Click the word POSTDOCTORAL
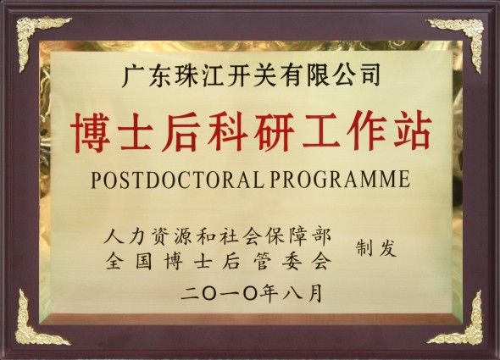pyautogui.click(x=178, y=180)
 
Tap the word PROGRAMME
pyautogui.click(x=340, y=179)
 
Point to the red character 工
pyautogui.click(x=319, y=131)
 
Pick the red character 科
pyautogui.click(x=228, y=131)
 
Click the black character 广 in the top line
pyautogui.click(x=133, y=75)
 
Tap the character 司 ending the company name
pyautogui.click(x=369, y=75)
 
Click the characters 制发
pyautogui.click(x=376, y=247)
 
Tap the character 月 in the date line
pyautogui.click(x=314, y=293)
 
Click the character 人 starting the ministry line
pyautogui.click(x=114, y=236)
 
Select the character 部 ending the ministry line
pyautogui.click(x=321, y=236)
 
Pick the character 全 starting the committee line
pyautogui.click(x=114, y=262)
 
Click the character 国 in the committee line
pyautogui.click(x=143, y=262)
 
